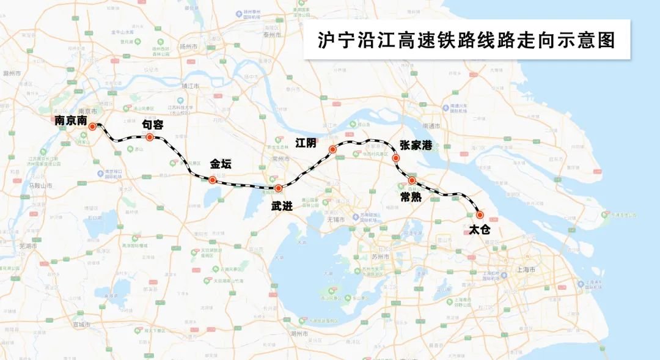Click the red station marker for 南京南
click(x=92, y=127)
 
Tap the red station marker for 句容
click(x=149, y=137)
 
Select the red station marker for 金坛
click(x=211, y=180)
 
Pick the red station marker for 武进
click(x=278, y=188)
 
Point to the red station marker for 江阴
click(x=332, y=150)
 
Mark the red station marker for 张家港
click(x=396, y=158)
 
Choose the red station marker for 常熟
click(x=413, y=180)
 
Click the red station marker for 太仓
click(x=479, y=215)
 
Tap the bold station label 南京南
click(x=70, y=121)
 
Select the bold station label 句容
click(x=153, y=123)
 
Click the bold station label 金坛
click(x=221, y=164)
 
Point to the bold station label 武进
click(x=282, y=206)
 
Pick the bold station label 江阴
click(x=306, y=143)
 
